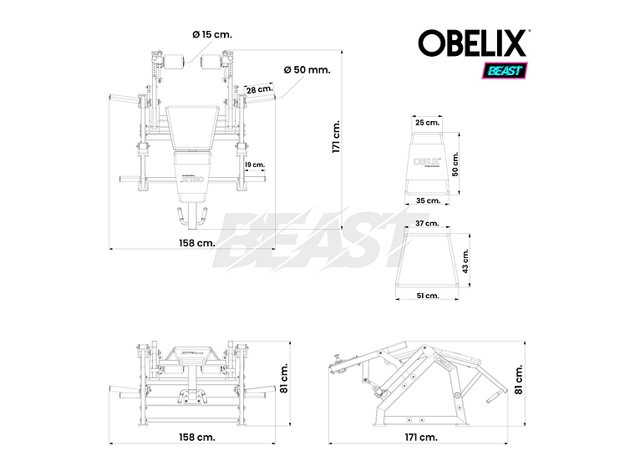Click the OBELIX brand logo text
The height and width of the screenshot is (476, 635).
point(473,43)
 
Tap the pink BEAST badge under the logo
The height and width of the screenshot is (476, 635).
point(503,70)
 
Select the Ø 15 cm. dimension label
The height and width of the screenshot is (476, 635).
point(211,34)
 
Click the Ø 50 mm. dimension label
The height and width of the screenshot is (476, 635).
point(307,69)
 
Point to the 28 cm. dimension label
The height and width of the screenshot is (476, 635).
point(259,89)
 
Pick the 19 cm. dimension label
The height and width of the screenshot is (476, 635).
point(254,165)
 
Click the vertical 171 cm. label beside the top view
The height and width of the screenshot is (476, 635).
point(337,137)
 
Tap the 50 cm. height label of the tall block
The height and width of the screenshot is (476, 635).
point(456,164)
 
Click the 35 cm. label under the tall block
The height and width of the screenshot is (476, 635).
point(427,200)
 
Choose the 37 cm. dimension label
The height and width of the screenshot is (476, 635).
point(426,224)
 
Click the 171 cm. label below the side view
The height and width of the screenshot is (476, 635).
point(421,437)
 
